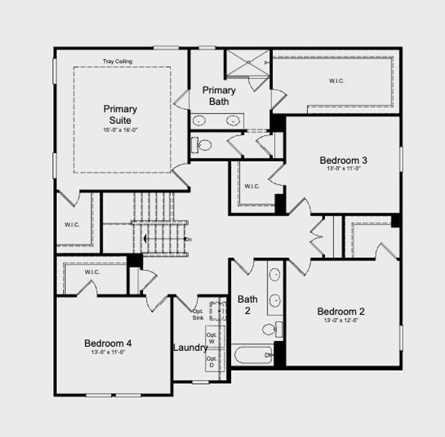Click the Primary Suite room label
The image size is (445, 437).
[x=120, y=114]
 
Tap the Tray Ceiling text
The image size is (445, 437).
[x=117, y=61]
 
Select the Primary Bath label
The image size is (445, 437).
[x=219, y=96]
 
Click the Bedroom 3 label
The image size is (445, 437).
[x=343, y=160]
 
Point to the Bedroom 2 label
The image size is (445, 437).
[x=341, y=312]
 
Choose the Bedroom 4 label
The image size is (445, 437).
[x=108, y=344]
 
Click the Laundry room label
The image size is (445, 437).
[x=190, y=347]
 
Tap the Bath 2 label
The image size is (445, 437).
[x=247, y=304]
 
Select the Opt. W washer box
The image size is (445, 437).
[x=211, y=338]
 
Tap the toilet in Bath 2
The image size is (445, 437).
[x=269, y=329]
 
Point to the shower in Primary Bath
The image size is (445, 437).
[x=246, y=63]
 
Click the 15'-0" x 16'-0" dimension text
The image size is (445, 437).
[x=120, y=130]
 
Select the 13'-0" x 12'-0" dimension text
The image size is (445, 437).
[x=341, y=320]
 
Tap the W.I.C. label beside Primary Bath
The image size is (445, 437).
[x=337, y=81]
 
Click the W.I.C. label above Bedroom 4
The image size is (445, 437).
[x=92, y=272]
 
